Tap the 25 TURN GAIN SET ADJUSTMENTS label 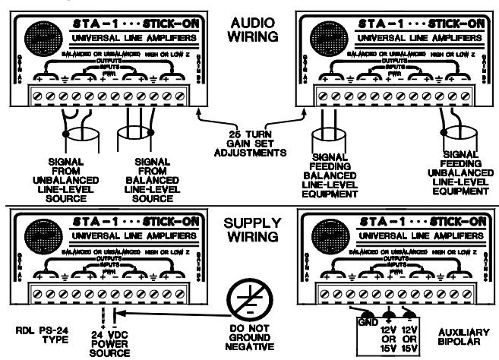tap(249, 142)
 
